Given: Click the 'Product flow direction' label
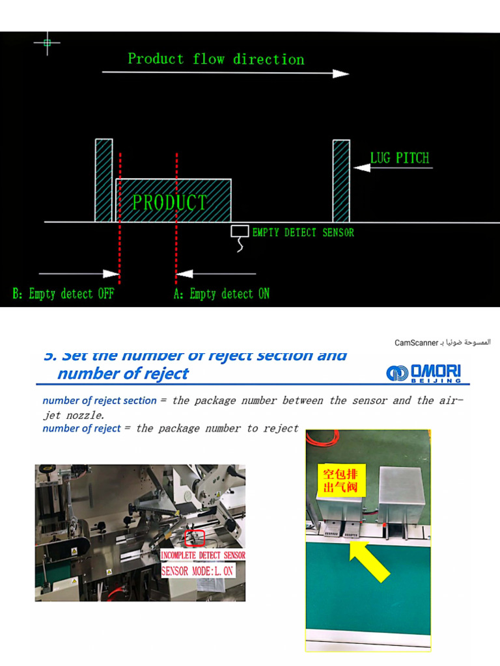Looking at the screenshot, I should tap(215, 59).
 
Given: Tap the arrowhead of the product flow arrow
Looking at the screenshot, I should tap(341, 73).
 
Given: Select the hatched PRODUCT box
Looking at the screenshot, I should tap(173, 201).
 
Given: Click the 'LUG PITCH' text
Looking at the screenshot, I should tap(399, 158).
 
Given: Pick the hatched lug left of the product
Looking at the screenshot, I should tap(104, 180).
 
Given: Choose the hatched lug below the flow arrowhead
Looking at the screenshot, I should tap(341, 180).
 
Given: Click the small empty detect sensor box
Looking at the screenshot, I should tap(240, 231).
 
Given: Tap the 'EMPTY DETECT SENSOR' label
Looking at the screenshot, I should tap(303, 232).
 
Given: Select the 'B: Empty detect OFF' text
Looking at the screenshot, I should tap(63, 294).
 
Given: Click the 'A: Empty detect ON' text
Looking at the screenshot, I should tap(221, 294).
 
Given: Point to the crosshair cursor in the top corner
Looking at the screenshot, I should tap(47, 43).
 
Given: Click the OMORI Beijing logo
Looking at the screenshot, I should tap(424, 373).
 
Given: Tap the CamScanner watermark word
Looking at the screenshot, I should tap(417, 342).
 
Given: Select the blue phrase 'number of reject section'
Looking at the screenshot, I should tap(99, 401).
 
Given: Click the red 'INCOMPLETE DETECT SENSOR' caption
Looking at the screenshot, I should tap(202, 555).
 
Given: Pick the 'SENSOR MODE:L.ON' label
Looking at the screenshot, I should tap(197, 570).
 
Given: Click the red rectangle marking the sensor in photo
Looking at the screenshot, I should tap(195, 538).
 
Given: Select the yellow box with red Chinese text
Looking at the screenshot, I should tap(338, 480).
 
